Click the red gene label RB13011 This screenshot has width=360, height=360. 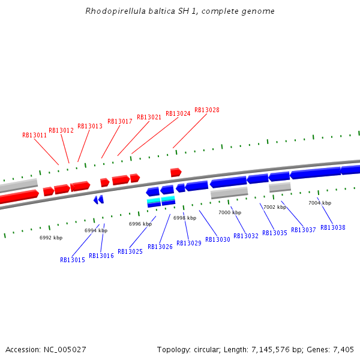[x=34, y=136]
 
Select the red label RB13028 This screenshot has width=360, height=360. [x=207, y=110]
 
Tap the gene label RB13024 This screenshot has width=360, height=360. [x=178, y=114]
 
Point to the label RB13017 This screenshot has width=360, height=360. [x=120, y=122]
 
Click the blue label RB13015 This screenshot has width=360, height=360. [x=73, y=260]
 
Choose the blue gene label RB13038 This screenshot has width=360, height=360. [x=333, y=228]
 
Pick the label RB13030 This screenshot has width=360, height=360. [x=218, y=240]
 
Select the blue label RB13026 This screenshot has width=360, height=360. [x=160, y=247]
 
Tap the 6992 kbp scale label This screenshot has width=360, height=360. [x=51, y=238]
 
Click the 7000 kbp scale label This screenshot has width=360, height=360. [x=230, y=213]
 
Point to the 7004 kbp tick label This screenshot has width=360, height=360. [x=320, y=203]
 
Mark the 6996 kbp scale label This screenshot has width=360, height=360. [x=140, y=224]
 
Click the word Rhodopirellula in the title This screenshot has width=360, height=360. [x=114, y=11]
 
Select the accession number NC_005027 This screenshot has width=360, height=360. [x=65, y=350]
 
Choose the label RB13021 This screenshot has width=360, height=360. [x=149, y=118]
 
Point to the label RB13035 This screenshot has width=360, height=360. [x=275, y=233]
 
